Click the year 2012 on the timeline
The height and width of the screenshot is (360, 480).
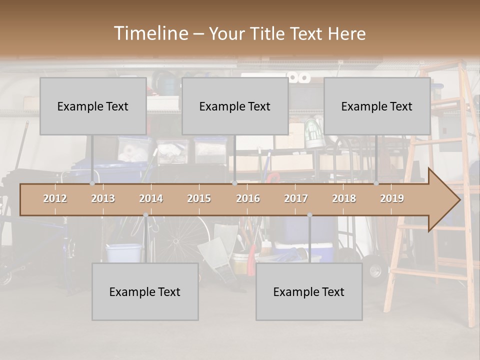[x=55, y=198]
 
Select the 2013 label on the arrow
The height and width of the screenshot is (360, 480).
[x=103, y=198]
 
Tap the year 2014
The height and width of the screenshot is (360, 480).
[x=151, y=198]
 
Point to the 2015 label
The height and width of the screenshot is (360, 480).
[x=199, y=198]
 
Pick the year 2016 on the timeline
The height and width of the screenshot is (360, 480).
[x=248, y=198]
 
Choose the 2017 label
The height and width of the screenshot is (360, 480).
[x=296, y=198]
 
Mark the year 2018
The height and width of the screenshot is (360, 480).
[x=344, y=198]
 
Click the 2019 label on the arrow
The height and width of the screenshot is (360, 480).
[x=392, y=198]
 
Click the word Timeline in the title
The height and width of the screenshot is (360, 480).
[x=150, y=33]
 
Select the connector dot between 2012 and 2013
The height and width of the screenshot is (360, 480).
[x=92, y=183]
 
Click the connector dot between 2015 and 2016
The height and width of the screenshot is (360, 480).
[x=234, y=183]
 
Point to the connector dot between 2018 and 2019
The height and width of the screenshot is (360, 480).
[x=376, y=183]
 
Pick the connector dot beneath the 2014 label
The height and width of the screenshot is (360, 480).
[x=145, y=215]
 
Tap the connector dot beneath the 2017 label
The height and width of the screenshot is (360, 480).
[x=309, y=215]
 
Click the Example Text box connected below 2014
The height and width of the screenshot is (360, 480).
[x=145, y=291]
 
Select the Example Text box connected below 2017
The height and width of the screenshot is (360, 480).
[x=309, y=291]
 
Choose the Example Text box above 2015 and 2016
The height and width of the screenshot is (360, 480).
[x=235, y=106]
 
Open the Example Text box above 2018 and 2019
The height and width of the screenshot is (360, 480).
[x=377, y=106]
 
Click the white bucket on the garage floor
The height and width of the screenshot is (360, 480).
[x=123, y=252]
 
